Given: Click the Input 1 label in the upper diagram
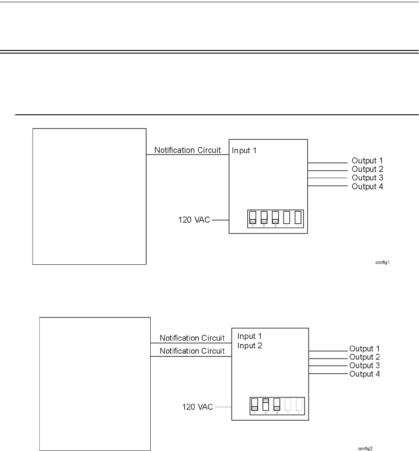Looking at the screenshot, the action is click(x=244, y=150).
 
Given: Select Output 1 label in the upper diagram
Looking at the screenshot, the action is click(x=367, y=161).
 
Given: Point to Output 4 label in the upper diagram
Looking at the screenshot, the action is click(x=367, y=187).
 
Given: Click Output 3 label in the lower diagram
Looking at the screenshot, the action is click(x=364, y=366).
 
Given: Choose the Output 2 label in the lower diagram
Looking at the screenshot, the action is click(x=364, y=357).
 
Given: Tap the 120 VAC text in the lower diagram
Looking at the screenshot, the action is click(x=198, y=407).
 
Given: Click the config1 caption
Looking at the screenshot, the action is click(x=383, y=263).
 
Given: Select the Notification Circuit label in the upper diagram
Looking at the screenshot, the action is click(x=187, y=150).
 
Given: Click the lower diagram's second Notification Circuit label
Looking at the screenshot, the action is click(x=192, y=351).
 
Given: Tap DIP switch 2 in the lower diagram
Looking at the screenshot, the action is click(x=266, y=404).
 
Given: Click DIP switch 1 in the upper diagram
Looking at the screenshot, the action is click(x=253, y=217).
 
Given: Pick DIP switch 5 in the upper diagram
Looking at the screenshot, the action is click(x=297, y=217).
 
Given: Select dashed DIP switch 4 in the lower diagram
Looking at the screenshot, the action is click(x=288, y=404).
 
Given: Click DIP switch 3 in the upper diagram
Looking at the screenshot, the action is click(x=275, y=217).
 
